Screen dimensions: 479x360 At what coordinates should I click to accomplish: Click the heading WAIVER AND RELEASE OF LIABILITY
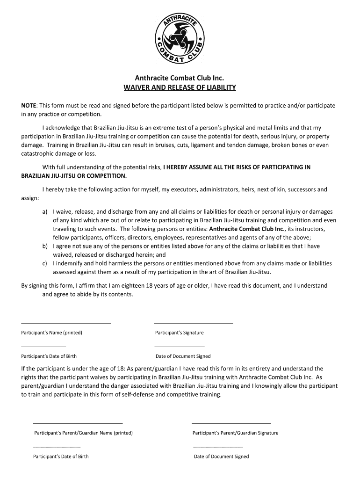click(180, 87)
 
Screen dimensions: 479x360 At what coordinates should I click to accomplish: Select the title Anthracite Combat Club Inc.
click(180, 78)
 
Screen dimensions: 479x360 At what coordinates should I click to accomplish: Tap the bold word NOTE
click(29, 106)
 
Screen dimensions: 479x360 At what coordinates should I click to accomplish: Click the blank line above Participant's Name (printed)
click(66, 323)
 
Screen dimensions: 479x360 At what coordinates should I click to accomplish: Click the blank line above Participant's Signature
click(193, 323)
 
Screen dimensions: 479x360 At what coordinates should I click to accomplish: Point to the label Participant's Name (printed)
click(52, 333)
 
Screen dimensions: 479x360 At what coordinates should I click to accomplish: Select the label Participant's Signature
click(179, 333)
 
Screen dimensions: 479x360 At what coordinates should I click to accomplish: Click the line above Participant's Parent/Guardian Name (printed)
click(78, 423)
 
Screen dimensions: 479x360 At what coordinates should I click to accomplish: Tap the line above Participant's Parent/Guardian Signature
click(231, 423)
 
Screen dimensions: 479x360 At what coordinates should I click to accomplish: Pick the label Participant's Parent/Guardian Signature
click(235, 433)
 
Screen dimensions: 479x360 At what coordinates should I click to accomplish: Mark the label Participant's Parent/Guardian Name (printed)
click(84, 433)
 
